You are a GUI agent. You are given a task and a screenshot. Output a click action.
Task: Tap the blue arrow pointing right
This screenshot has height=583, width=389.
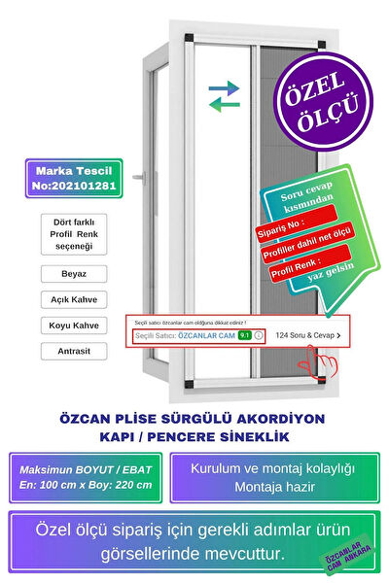[225, 88]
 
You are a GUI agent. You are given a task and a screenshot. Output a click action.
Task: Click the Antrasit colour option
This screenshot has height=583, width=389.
[74, 350]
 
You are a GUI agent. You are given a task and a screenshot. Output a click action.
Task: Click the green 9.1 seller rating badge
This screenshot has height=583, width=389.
[245, 335]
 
